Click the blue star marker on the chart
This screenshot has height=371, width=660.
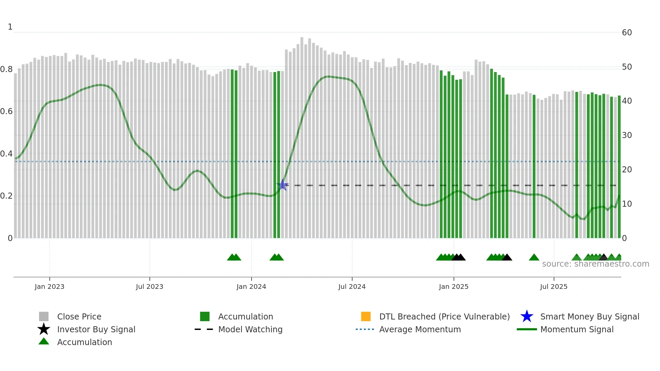coord(283,185)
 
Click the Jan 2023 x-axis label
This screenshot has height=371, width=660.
coord(49,286)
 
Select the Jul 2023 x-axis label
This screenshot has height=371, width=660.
coord(150,286)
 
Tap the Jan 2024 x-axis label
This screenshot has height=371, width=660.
coord(251,286)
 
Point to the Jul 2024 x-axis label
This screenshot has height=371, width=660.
coord(352,286)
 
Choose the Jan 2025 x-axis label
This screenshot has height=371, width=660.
coord(454,286)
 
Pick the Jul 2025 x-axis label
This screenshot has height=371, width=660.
coord(554,286)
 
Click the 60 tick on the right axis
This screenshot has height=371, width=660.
coord(627,33)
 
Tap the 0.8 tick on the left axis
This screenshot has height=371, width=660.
coord(6,69)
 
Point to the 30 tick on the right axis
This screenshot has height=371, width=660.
coord(627,135)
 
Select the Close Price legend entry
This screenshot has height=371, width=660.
coord(79,316)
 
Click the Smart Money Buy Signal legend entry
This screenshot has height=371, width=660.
coord(590,316)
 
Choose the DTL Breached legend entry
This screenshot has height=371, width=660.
coord(444,316)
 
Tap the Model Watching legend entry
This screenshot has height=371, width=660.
coord(250,329)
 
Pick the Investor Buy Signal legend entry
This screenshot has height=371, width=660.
coord(96,329)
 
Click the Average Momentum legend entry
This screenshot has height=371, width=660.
coord(420,329)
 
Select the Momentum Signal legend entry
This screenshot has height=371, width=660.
coord(577,329)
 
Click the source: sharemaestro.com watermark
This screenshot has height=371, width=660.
coord(596,264)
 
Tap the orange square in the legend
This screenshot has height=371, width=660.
coord(366,316)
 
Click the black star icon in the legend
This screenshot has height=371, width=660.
coord(44,329)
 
